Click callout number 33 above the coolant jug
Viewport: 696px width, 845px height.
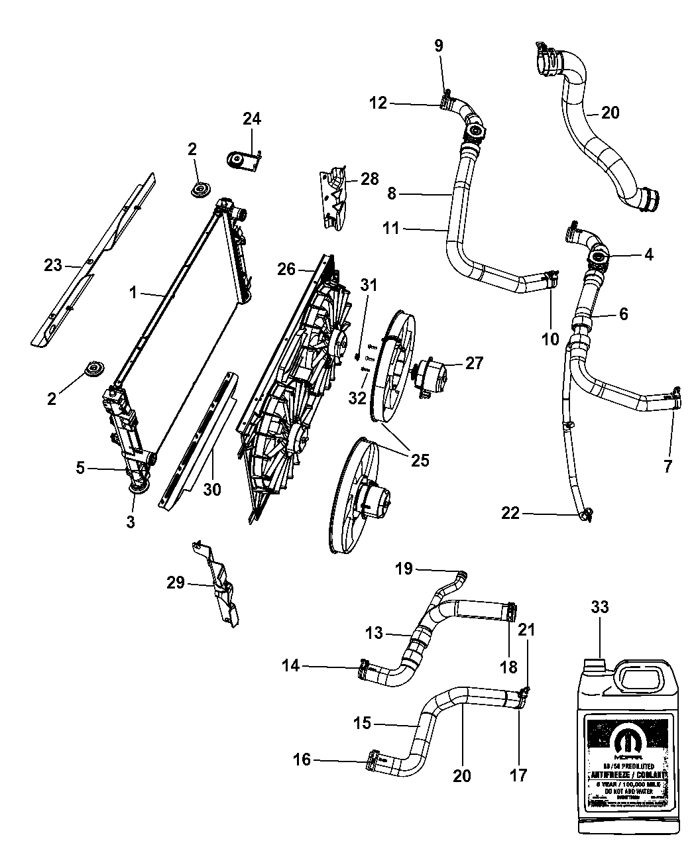click(x=599, y=607)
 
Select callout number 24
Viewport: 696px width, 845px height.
click(x=251, y=119)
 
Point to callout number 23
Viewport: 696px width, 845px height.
click(x=53, y=266)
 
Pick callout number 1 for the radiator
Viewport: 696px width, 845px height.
click(x=133, y=292)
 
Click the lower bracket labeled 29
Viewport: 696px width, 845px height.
click(x=219, y=584)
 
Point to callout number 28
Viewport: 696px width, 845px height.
click(x=369, y=179)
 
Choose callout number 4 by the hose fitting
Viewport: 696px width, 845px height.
click(x=648, y=254)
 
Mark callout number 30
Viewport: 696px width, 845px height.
click(x=213, y=490)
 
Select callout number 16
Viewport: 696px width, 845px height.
click(x=302, y=760)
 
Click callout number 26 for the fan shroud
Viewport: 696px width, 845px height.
click(x=286, y=269)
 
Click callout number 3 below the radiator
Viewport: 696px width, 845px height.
click(x=131, y=522)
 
